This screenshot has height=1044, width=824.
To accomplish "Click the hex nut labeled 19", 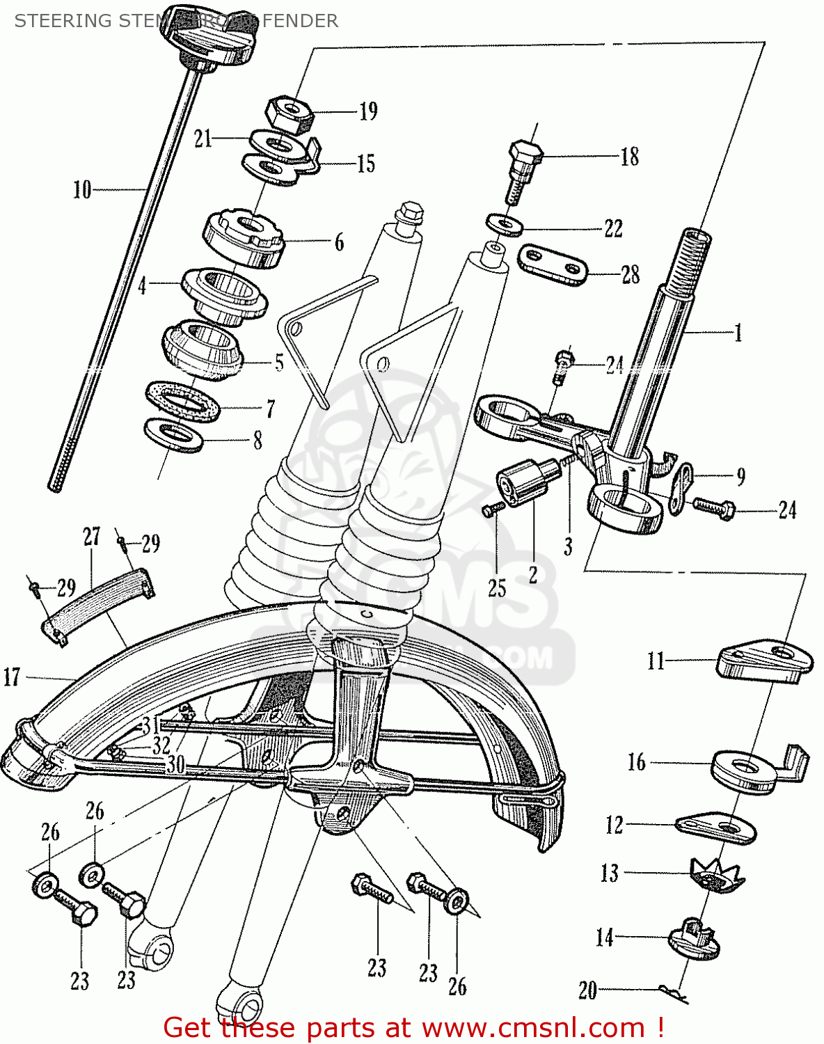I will click(x=289, y=115).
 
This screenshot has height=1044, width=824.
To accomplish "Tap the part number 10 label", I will click(x=82, y=189).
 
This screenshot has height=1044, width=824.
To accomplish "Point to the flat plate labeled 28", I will click(x=553, y=264).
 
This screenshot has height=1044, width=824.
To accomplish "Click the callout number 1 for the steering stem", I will click(x=738, y=333).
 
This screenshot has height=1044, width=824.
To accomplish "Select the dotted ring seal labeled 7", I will click(x=183, y=402).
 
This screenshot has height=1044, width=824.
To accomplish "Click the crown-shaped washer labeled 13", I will click(x=717, y=875).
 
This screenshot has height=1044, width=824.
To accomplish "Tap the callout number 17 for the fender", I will click(x=13, y=677).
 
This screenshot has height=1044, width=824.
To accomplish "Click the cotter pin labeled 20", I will click(x=672, y=992).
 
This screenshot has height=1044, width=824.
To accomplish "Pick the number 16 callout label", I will click(x=636, y=762).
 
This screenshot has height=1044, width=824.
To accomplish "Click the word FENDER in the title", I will click(x=301, y=21).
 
